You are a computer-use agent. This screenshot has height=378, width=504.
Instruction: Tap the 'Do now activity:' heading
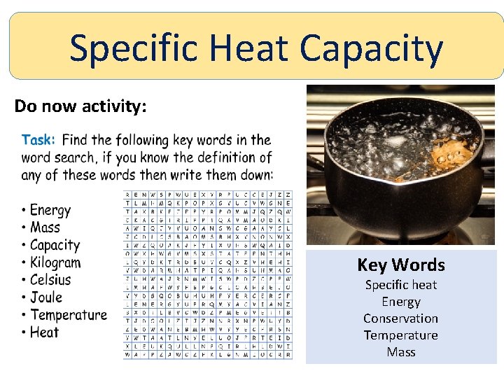pos(80,106)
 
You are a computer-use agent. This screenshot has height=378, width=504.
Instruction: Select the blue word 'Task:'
pos(38,140)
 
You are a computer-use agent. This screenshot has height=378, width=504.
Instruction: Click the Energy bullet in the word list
pos(50,210)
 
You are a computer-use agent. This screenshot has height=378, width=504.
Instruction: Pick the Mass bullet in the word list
pos(45,227)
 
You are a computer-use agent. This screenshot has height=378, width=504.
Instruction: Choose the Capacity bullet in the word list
pos(55,245)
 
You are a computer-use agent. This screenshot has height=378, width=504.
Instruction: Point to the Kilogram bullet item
pos(55,262)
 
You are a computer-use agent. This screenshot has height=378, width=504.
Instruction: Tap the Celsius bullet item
pos(50,280)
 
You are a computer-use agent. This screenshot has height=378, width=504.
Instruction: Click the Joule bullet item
pos(46,297)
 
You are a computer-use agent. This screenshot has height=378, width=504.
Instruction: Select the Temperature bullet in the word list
pos(69,315)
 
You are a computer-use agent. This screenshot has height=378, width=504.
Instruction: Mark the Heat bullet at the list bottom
pos(44,332)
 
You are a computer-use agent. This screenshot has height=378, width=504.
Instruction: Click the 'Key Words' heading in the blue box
pos(401,265)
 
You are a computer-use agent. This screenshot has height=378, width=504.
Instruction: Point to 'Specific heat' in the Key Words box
pos(401,285)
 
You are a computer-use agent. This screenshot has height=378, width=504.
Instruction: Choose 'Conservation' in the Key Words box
pos(401,318)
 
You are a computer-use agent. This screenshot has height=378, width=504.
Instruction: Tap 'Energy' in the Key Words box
pos(401,302)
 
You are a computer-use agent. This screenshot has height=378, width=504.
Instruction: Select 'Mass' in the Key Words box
pos(401,352)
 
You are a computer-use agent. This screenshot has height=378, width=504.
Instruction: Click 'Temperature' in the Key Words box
pos(401,335)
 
